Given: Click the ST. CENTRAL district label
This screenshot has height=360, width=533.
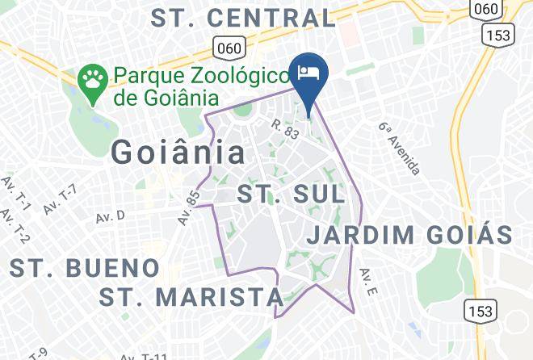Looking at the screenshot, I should point(243,18).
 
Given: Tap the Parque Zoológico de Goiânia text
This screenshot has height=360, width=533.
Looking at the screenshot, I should point(201,86).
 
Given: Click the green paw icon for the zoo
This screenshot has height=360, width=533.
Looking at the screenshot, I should point(93,81).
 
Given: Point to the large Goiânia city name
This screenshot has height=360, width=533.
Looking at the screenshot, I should point(178,151).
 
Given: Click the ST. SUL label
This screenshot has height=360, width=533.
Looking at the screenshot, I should point(290,195).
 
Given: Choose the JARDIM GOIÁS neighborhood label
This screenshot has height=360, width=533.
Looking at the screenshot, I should point(410,235).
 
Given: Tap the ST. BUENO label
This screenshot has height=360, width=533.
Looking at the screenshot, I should point(84,267).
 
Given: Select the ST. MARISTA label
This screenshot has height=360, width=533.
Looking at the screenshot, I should point(191,297).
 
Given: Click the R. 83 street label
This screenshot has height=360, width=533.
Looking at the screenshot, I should point(286,128).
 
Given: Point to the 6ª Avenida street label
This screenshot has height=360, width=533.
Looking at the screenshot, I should point(400,149).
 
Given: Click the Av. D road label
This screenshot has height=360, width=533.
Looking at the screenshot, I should point(111,216).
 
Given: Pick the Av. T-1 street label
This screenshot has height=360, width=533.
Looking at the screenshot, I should point(15,195).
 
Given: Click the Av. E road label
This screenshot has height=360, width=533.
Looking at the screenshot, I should point(367,283).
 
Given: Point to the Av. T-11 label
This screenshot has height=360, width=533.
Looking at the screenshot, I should point(143,355).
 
